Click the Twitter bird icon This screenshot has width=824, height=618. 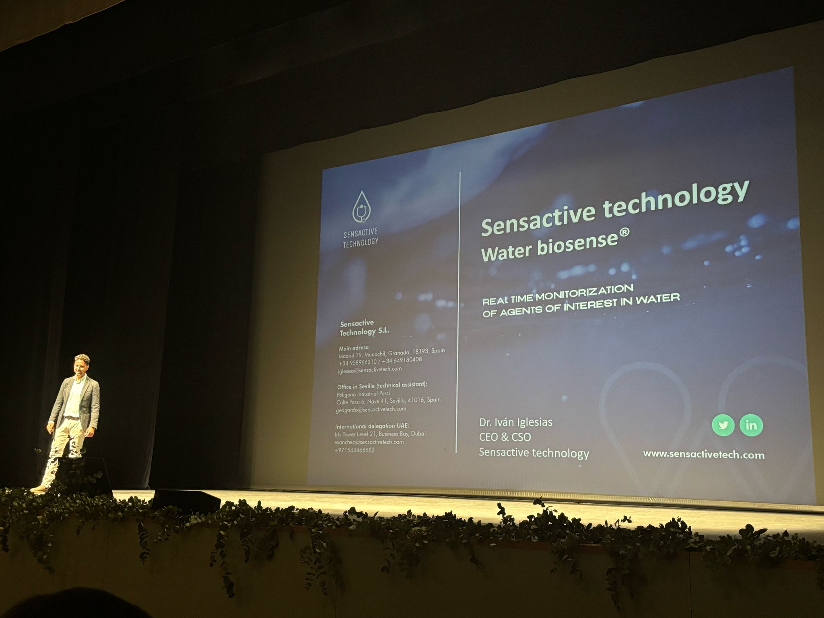pyautogui.click(x=723, y=425)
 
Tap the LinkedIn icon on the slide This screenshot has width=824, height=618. pyautogui.click(x=751, y=425)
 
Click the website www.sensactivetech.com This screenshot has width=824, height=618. pyautogui.click(x=704, y=455)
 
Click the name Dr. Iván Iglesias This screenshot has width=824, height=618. pyautogui.click(x=515, y=422)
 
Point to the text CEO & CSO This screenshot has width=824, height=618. pyautogui.click(x=505, y=437)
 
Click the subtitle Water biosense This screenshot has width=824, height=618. pyautogui.click(x=549, y=246)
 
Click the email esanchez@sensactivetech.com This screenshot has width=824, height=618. pyautogui.click(x=369, y=442)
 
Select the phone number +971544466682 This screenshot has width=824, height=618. pyautogui.click(x=354, y=450)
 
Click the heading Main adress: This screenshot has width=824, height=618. pyautogui.click(x=354, y=348)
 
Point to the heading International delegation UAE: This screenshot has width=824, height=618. pyautogui.click(x=372, y=426)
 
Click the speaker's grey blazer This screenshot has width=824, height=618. pyautogui.click(x=91, y=402)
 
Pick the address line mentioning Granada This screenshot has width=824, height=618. pyautogui.click(x=391, y=354)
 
